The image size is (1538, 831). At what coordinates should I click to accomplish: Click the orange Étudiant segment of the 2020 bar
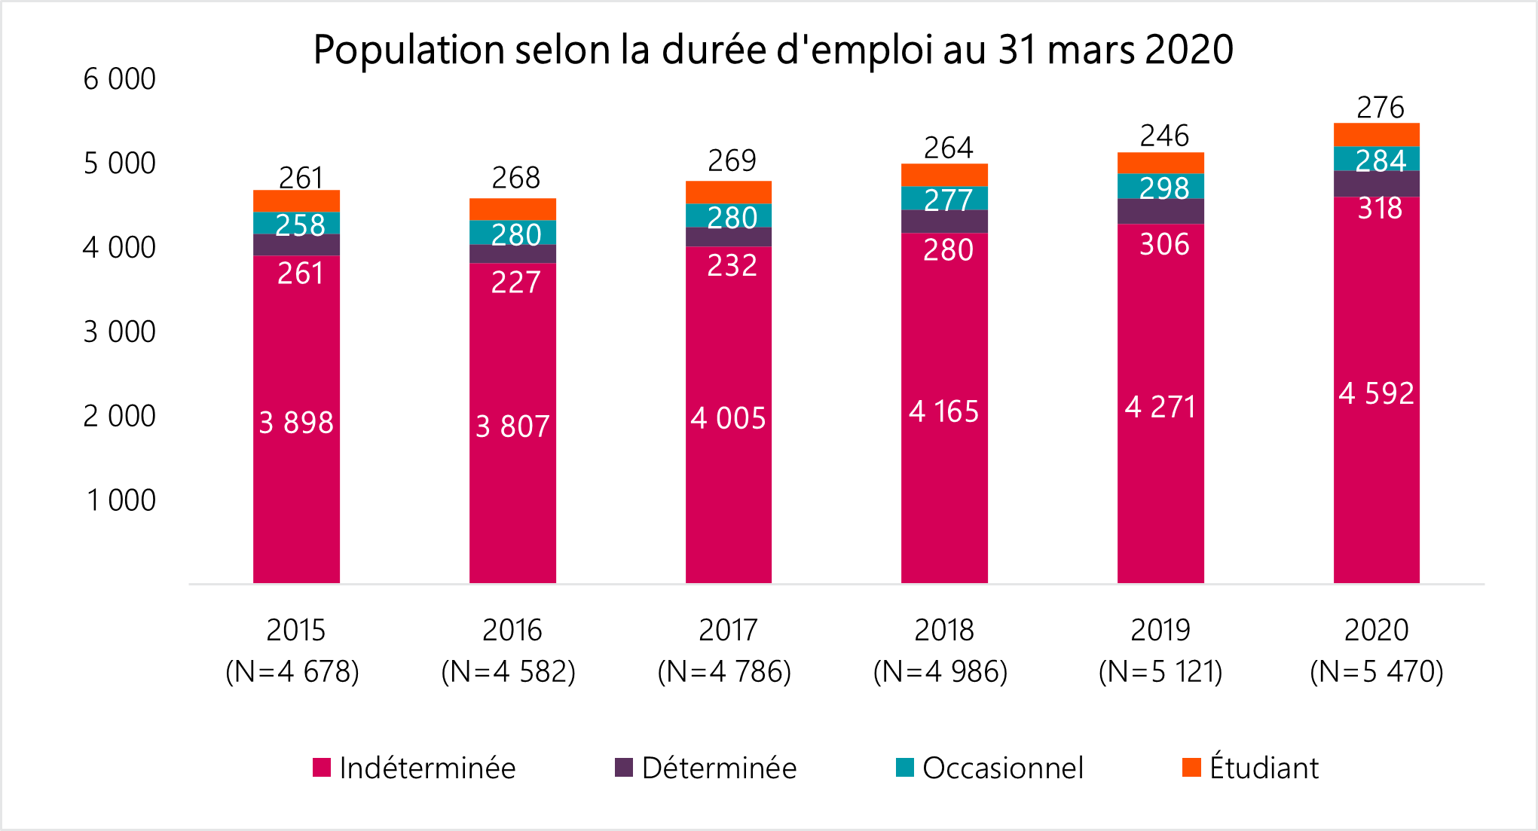1376,134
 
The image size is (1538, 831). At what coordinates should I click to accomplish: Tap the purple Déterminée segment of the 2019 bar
1160,212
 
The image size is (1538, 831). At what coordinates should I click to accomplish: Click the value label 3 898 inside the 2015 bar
296,423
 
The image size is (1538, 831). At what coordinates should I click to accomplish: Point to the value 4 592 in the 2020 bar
1376,393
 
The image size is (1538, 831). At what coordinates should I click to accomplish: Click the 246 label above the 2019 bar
1164,136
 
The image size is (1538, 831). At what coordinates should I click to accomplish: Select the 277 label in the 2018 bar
948,200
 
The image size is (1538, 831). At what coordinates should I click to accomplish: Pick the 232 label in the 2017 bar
732,265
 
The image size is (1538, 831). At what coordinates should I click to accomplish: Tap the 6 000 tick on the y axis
119,79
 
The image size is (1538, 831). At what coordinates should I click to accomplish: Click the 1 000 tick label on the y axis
121,500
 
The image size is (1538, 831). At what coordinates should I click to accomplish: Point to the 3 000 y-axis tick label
119,331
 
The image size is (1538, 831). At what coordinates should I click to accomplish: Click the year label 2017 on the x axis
728,630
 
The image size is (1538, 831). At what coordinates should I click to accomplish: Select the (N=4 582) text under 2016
509,671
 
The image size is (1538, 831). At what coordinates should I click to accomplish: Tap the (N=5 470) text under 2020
1376,671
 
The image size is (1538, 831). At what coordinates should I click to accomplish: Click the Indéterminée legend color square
322,768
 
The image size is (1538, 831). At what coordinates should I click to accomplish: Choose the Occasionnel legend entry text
1002,768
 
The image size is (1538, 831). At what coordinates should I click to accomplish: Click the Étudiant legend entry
1263,768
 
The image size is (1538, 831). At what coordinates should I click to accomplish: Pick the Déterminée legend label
719,768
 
